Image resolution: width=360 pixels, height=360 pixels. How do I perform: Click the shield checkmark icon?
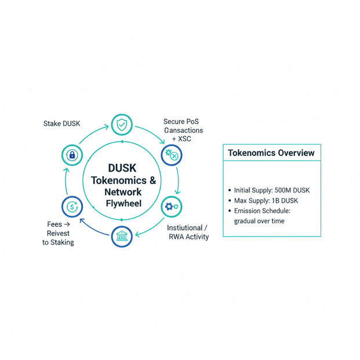[x=122, y=124]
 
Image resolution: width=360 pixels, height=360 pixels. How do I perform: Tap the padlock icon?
[x=72, y=155]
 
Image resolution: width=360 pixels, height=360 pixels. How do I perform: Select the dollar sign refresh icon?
[x=72, y=206]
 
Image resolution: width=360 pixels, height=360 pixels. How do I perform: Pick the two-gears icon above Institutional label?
[x=172, y=206]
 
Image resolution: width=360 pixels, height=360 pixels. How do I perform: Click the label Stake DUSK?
[x=62, y=123]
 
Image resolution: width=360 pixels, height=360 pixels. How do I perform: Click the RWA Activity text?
[x=189, y=237]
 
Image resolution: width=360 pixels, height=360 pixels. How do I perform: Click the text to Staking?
[x=58, y=242]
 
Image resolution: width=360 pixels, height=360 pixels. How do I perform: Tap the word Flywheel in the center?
[x=123, y=203]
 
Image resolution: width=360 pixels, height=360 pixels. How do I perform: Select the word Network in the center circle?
[x=123, y=192]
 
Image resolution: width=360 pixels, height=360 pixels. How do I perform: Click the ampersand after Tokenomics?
[x=152, y=180]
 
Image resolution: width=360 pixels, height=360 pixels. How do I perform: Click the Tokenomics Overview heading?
[x=271, y=153]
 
